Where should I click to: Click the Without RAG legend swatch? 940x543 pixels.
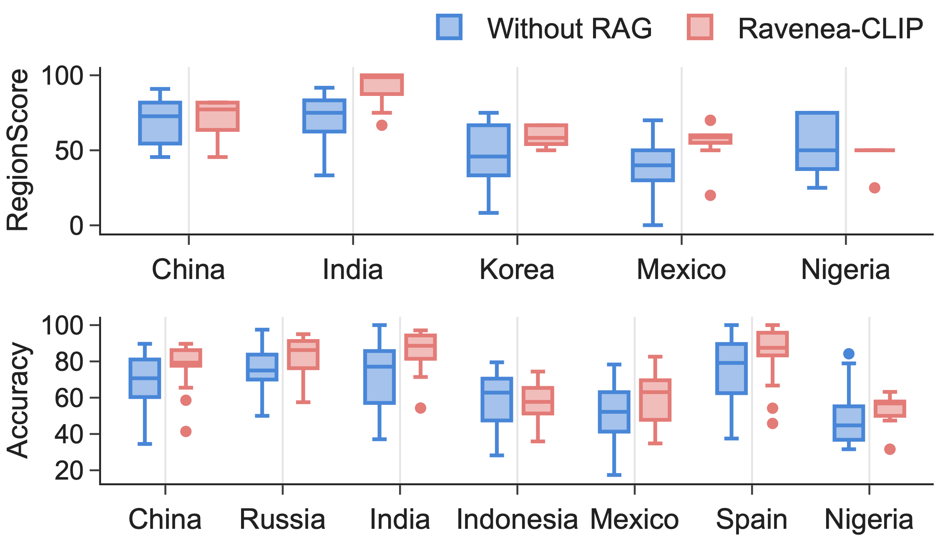click(x=449, y=27)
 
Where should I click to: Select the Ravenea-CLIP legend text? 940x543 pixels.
click(x=830, y=29)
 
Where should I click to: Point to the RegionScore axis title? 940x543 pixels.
click(x=18, y=150)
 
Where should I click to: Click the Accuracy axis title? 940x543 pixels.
click(x=18, y=400)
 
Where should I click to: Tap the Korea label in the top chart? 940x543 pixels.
click(x=517, y=270)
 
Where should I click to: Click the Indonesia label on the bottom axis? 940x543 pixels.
click(x=517, y=520)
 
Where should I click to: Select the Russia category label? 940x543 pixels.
click(x=282, y=520)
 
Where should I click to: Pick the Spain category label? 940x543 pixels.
click(x=751, y=520)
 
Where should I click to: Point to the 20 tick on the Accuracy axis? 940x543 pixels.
click(x=69, y=471)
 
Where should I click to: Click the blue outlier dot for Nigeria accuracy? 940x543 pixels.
click(x=849, y=354)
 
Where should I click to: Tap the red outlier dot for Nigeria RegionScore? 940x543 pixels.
click(x=875, y=188)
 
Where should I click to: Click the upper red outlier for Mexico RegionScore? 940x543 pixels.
click(x=710, y=121)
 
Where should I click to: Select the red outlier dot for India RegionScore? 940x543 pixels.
click(x=382, y=125)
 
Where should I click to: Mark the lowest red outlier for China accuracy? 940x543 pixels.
click(x=186, y=431)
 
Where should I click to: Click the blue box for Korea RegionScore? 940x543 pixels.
click(x=488, y=150)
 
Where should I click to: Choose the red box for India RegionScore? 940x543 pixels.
click(x=382, y=85)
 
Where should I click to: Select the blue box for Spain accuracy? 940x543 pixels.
click(x=731, y=369)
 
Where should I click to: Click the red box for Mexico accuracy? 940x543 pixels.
click(x=655, y=400)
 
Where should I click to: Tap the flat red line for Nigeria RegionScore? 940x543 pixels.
click(x=875, y=150)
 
